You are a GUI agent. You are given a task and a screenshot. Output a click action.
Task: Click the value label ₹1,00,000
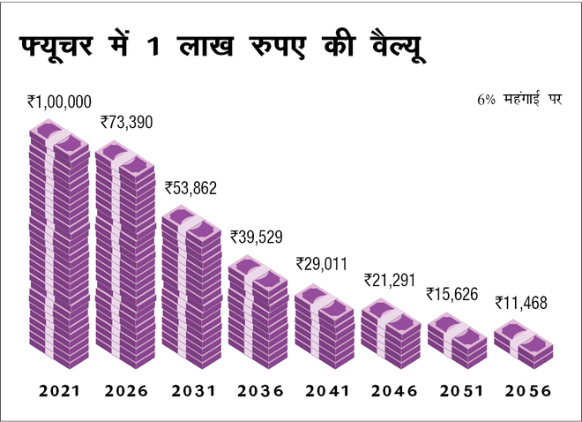pos(59,102)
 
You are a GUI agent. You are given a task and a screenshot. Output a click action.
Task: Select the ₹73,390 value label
pos(127,122)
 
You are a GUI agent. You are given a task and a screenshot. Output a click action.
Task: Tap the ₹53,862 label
pos(190,187)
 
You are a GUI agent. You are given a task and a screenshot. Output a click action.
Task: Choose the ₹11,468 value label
pos(520,303)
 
